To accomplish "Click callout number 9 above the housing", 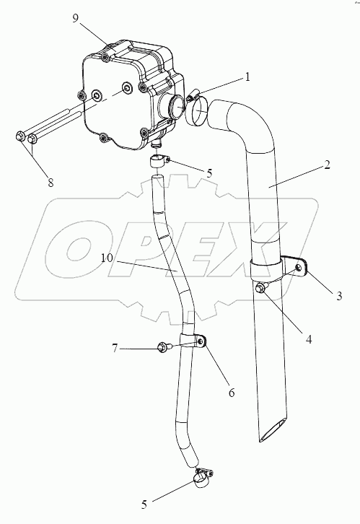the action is pyautogui.click(x=76, y=18).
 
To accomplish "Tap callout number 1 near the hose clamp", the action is pyautogui.click(x=247, y=77).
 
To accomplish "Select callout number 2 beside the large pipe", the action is pyautogui.click(x=327, y=165).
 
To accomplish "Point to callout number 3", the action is pyautogui.click(x=339, y=296).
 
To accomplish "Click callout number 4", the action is pyautogui.click(x=309, y=339).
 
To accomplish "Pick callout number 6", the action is pyautogui.click(x=232, y=393).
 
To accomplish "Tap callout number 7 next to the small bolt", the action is pyautogui.click(x=115, y=349).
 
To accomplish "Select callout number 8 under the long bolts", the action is pyautogui.click(x=51, y=183).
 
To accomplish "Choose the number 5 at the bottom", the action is pyautogui.click(x=144, y=505).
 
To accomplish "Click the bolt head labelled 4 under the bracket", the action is pyautogui.click(x=260, y=288).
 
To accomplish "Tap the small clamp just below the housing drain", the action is pyautogui.click(x=159, y=162).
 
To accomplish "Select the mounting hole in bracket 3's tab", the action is pyautogui.click(x=299, y=267).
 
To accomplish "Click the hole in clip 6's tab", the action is pyautogui.click(x=201, y=341).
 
